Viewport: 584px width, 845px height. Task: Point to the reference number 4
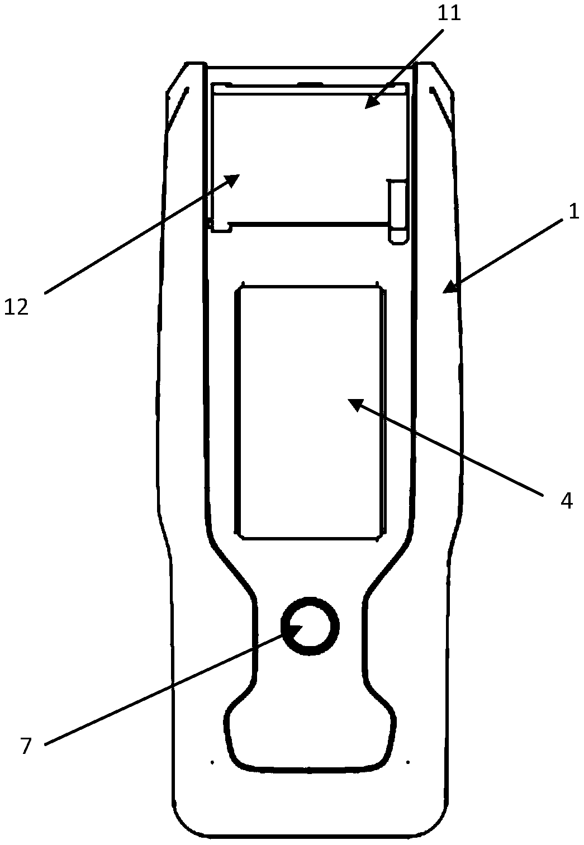(566, 501)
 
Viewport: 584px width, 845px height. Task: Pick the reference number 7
(26, 746)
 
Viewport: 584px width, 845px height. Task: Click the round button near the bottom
(310, 626)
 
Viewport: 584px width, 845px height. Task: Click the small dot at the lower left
(212, 761)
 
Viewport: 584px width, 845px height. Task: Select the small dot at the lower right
(409, 761)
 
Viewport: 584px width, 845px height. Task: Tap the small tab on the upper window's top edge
(311, 84)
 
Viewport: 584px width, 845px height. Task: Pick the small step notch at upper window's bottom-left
(220, 226)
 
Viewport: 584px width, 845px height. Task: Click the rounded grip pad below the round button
(310, 732)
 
